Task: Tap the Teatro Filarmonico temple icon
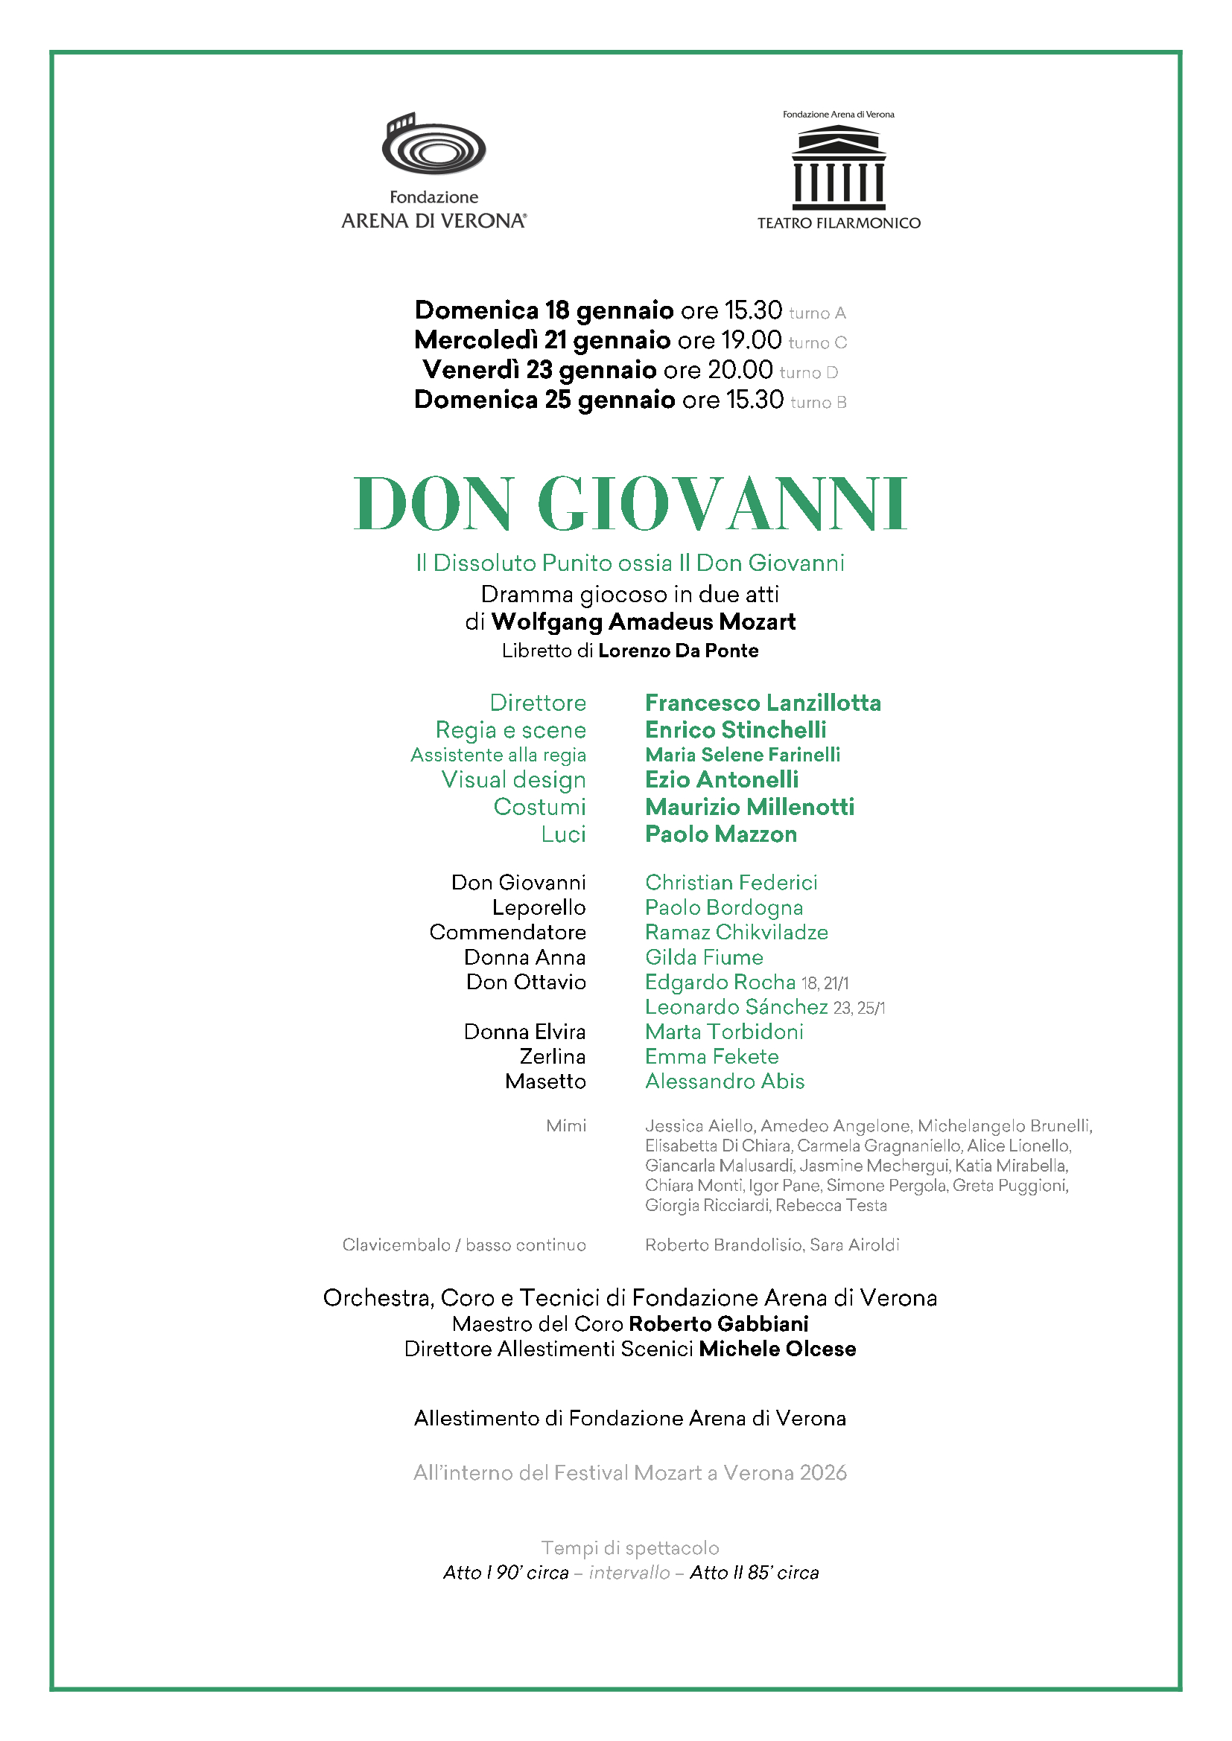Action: [838, 168]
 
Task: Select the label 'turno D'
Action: [809, 372]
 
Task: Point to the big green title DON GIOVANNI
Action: [629, 503]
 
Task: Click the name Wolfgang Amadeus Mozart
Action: [644, 622]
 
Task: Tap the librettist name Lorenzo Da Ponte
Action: [679, 651]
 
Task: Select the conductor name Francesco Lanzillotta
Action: [763, 703]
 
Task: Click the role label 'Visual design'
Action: [514, 779]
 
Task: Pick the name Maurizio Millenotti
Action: [749, 807]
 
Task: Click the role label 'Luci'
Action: [563, 834]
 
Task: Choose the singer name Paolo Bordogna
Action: [724, 907]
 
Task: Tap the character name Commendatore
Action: [507, 932]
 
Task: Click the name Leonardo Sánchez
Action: [736, 1007]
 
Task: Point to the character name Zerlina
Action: [552, 1056]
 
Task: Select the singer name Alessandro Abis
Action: [725, 1082]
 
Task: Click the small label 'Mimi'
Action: [566, 1125]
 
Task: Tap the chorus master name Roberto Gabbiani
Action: [718, 1324]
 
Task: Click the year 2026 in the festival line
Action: [823, 1472]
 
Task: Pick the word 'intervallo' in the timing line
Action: [629, 1573]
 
